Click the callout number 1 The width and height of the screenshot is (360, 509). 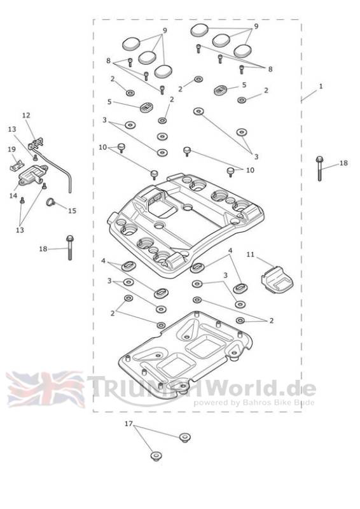point(321,87)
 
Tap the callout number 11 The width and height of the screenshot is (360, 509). point(250,254)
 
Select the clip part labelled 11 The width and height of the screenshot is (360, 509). point(277,279)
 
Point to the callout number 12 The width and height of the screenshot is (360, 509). point(26,115)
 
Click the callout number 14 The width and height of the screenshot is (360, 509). point(13,196)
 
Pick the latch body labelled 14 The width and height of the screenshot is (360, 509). point(32,174)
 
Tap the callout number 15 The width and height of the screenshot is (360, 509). point(72,211)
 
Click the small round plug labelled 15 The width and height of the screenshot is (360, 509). point(51,202)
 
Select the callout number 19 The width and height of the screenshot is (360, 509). point(11,150)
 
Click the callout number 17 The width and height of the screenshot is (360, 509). point(128,424)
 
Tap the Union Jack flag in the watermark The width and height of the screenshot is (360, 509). point(45,389)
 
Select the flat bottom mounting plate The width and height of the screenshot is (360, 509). point(185,351)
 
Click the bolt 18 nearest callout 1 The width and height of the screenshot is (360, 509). point(319,168)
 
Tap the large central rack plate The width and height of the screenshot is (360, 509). point(186,224)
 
